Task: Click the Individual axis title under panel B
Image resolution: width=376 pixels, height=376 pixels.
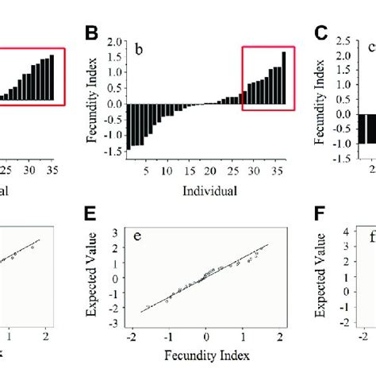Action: tap(209, 191)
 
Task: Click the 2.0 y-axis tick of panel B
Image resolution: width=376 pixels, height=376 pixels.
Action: tap(114, 40)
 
